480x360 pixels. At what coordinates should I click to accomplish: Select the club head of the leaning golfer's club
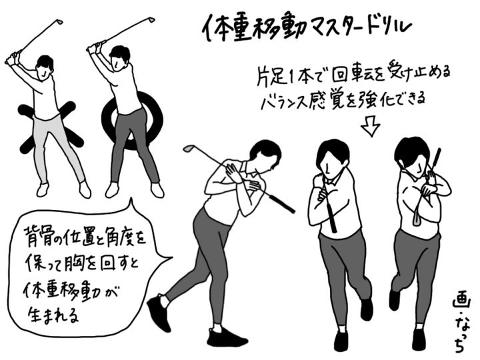[189, 149]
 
